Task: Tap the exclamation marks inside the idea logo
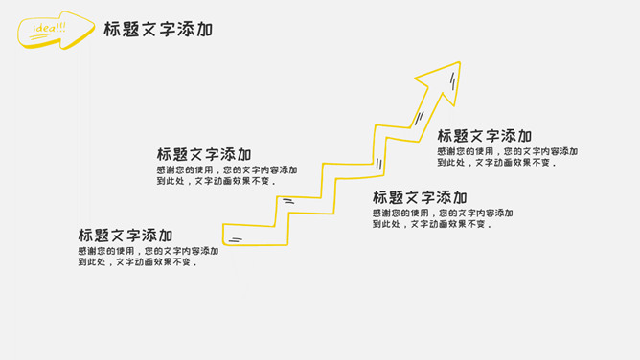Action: coord(61,26)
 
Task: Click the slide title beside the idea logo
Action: coord(158,30)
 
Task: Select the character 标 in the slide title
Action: coord(114,30)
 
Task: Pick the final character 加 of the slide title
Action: coord(203,30)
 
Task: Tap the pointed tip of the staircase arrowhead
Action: coord(459,64)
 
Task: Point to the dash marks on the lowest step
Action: coord(236,239)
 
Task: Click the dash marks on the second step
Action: coord(287,201)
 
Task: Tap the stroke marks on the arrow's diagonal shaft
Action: coord(419,118)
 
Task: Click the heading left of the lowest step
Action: coord(126,235)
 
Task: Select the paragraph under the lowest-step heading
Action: coord(148,257)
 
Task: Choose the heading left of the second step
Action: coord(204,154)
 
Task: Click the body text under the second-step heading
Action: coord(226,175)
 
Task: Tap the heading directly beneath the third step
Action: coord(420,197)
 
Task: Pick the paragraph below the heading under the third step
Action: coord(442,218)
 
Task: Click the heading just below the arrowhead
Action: coord(485,136)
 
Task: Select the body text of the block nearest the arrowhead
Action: coord(508,157)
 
